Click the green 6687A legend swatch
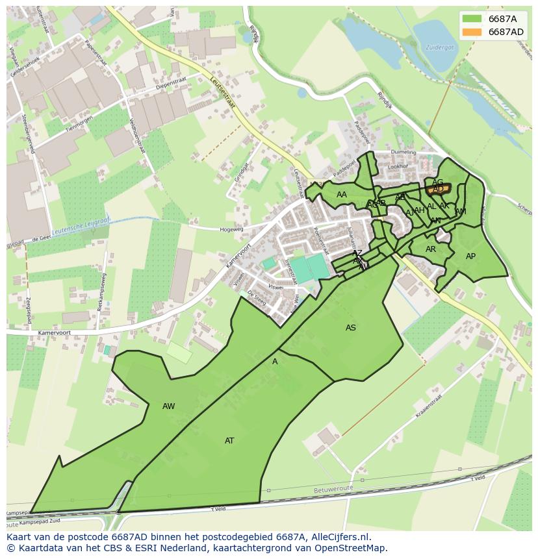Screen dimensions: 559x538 click(472, 19)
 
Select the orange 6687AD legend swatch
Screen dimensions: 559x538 click(472, 32)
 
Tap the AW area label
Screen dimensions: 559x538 click(169, 406)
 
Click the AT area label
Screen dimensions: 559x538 click(229, 441)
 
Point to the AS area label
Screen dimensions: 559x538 click(351, 328)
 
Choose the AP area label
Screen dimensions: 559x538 click(471, 256)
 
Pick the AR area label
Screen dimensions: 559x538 click(431, 249)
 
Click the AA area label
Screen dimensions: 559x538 click(342, 195)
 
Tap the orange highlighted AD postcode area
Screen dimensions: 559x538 click(439, 189)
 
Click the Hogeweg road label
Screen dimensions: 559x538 click(231, 229)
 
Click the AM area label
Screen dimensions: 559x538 click(461, 212)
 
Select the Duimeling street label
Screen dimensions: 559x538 click(403, 153)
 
